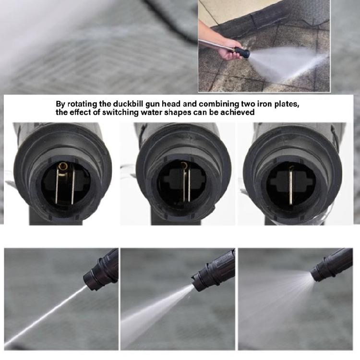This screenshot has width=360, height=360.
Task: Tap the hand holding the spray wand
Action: tap(230, 48)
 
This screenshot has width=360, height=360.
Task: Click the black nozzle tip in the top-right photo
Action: tap(243, 52)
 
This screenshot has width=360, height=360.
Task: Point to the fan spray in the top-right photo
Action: tap(288, 62)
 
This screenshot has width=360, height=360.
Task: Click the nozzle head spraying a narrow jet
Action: tap(101, 271)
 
